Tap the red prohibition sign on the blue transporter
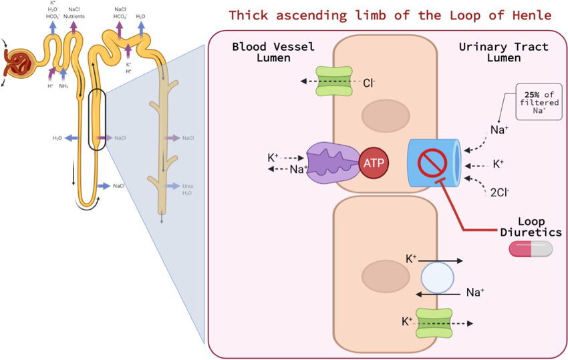point(432,162)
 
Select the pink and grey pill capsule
point(531,249)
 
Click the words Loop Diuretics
point(531,227)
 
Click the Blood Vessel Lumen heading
point(273,53)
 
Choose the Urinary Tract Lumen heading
point(503,53)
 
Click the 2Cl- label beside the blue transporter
point(499,192)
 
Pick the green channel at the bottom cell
point(435,322)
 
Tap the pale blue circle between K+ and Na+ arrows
point(438,277)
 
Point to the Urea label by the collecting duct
point(188,186)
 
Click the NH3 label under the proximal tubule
point(64,86)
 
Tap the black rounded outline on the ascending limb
point(97,119)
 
